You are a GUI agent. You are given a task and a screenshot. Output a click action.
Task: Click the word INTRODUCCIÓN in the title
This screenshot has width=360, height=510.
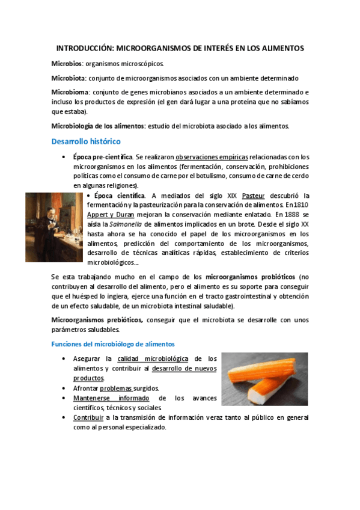[x=84, y=48]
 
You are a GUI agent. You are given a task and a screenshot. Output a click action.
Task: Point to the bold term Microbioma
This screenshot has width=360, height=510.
[x=70, y=93]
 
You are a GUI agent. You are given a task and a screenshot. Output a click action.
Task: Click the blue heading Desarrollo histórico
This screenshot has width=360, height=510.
[x=86, y=141]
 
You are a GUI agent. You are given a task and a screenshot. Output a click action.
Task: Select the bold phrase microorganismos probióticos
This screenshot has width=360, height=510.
[x=251, y=277]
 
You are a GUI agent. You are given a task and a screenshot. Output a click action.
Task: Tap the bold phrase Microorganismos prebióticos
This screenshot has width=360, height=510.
[x=97, y=321]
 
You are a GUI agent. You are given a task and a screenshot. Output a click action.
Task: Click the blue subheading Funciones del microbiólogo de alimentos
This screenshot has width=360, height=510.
[x=112, y=344]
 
